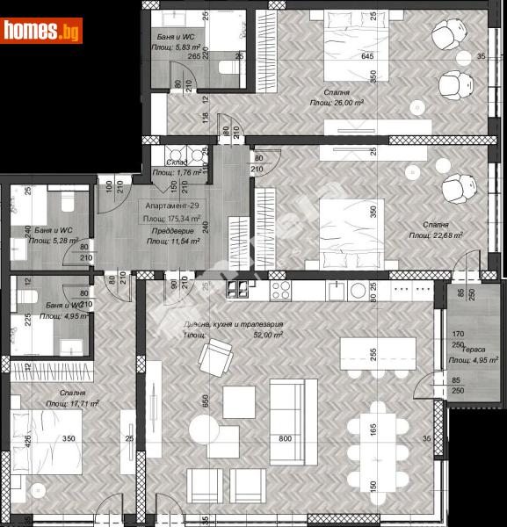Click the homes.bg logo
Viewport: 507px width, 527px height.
pyautogui.click(x=39, y=32)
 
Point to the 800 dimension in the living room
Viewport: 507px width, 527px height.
pyautogui.click(x=285, y=438)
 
